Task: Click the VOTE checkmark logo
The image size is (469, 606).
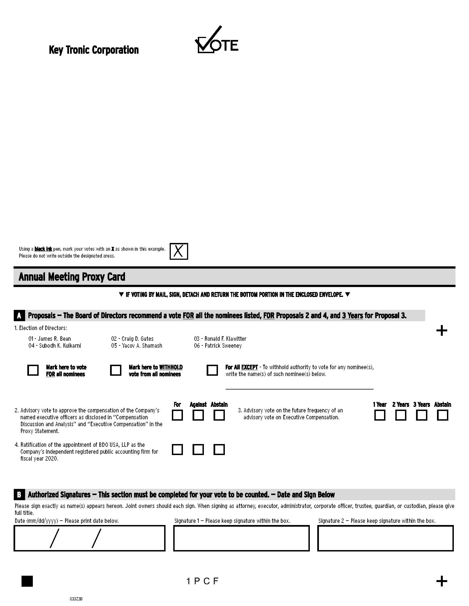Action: (216, 40)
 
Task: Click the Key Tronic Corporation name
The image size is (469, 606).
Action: (94, 50)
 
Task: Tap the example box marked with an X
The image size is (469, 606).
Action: (179, 251)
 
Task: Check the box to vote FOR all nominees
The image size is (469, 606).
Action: (33, 370)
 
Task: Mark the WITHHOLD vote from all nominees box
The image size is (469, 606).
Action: (116, 370)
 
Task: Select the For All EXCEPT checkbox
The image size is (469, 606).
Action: (212, 370)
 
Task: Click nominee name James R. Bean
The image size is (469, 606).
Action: (50, 339)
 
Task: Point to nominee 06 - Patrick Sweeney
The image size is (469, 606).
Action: (218, 346)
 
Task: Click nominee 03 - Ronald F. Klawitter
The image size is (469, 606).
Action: (220, 339)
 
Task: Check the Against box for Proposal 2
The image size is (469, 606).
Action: (198, 415)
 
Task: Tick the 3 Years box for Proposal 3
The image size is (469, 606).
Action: (422, 415)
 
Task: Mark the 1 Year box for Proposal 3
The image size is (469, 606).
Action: (380, 415)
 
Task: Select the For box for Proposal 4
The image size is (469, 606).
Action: (177, 450)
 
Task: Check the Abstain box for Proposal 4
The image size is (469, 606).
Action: (219, 450)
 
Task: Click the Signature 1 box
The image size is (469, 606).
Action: (241, 538)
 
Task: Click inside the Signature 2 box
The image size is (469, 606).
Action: (385, 538)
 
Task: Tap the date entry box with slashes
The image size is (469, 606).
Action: (89, 538)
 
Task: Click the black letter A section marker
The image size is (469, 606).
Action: (19, 316)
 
